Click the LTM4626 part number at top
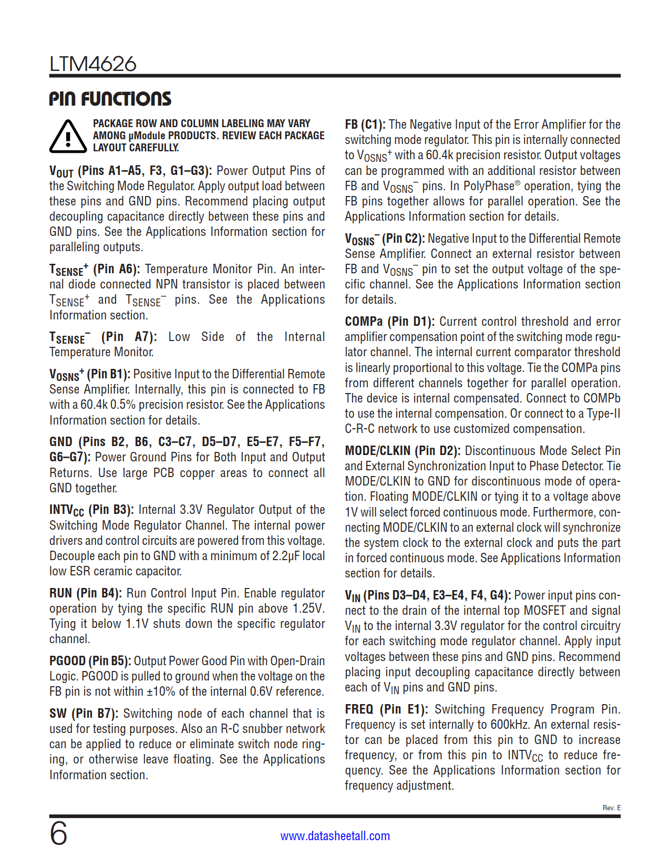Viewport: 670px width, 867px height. (x=93, y=64)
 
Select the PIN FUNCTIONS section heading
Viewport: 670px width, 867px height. (x=110, y=99)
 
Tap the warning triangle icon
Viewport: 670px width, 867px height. (x=68, y=137)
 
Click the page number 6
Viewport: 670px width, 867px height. (x=58, y=834)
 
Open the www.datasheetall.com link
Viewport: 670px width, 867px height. (x=335, y=836)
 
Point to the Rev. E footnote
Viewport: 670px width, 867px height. (x=611, y=808)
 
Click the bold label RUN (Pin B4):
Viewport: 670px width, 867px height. (x=86, y=593)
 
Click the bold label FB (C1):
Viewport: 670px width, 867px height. (x=365, y=125)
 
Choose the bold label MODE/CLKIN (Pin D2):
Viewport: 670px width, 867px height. (x=403, y=451)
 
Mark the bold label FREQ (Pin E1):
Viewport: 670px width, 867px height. (x=386, y=709)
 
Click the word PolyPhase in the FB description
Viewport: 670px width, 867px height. (x=488, y=186)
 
